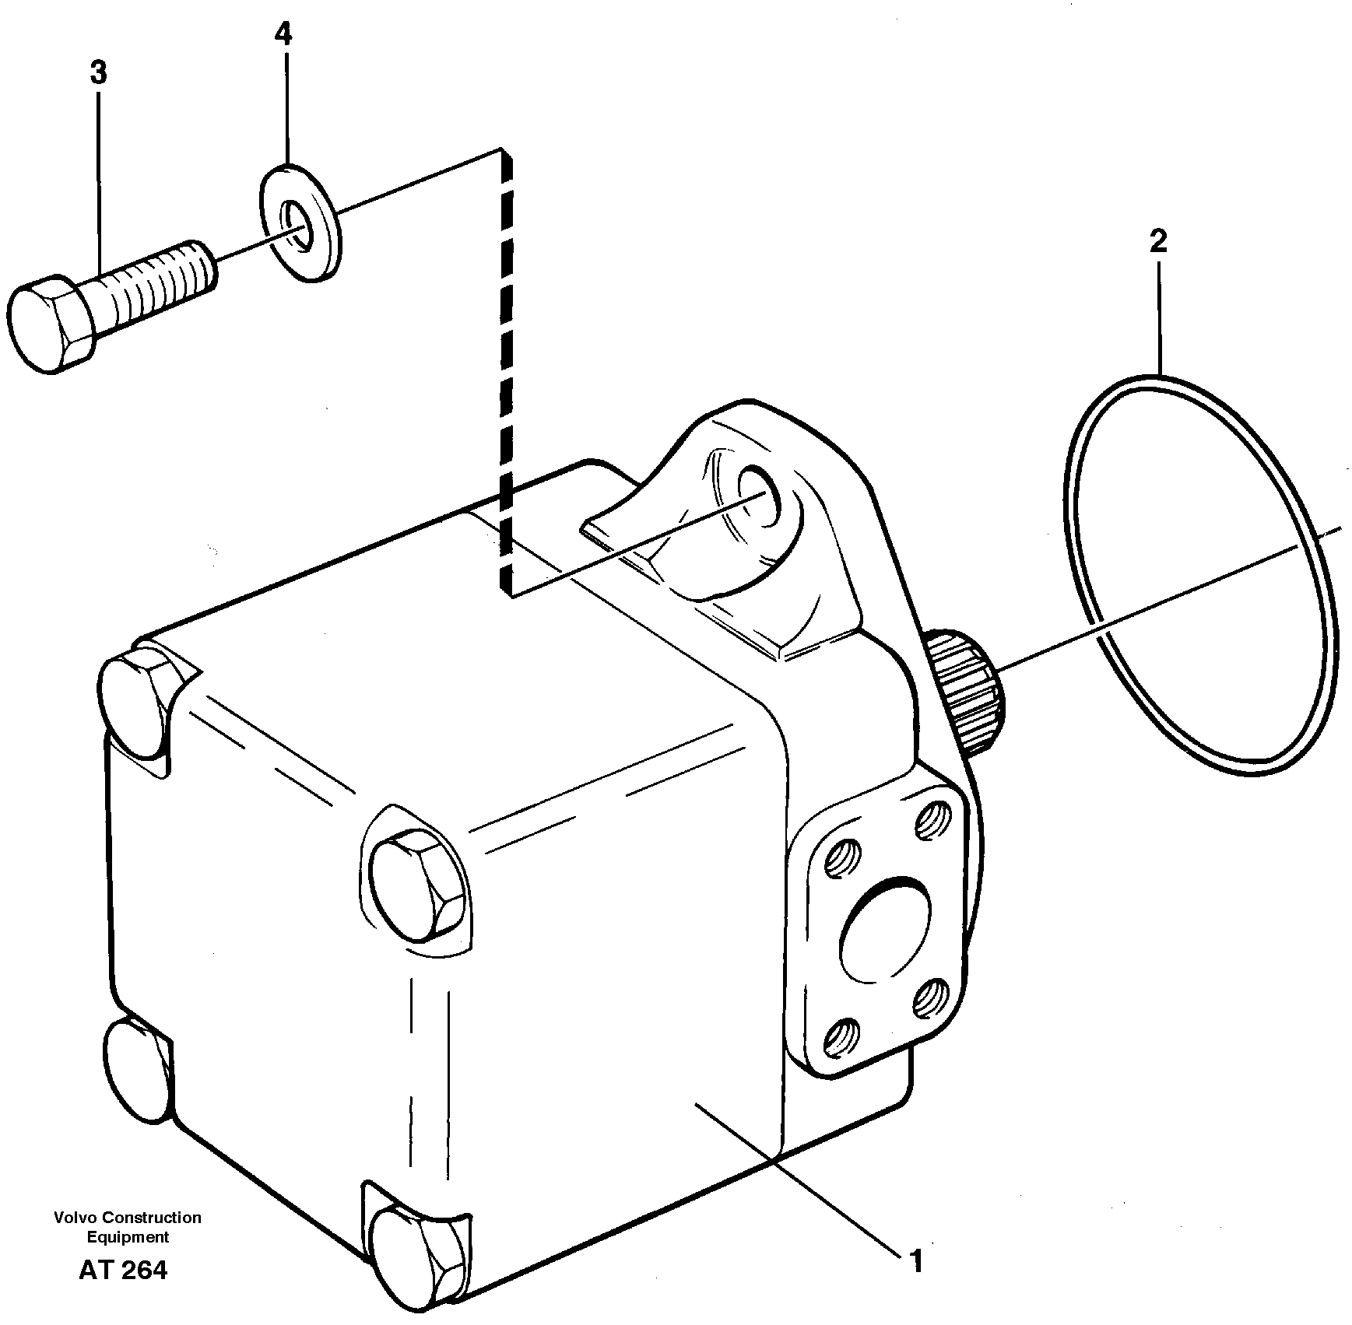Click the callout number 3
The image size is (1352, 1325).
(x=98, y=73)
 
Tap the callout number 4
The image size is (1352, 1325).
(x=283, y=34)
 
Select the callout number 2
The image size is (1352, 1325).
(x=1157, y=242)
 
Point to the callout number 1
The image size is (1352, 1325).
(x=916, y=1261)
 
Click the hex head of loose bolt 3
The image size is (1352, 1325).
(x=48, y=322)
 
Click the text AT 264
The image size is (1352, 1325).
(x=122, y=1270)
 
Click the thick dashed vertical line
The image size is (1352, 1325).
(x=507, y=373)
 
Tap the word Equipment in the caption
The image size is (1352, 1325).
(x=128, y=1237)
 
